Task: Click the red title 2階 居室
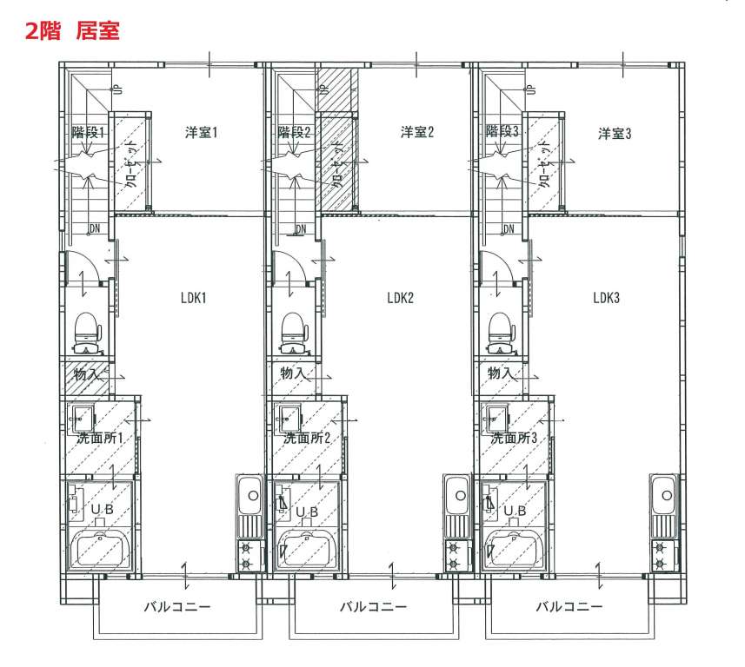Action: pos(72,31)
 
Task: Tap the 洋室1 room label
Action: pos(201,132)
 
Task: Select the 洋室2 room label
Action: pos(416,131)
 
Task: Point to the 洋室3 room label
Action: pos(615,134)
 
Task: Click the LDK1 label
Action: pos(193,298)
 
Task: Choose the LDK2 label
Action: pos(400,298)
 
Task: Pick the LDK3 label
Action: pos(606,298)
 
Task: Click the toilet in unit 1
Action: pos(88,333)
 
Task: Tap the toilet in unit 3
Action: pos(502,333)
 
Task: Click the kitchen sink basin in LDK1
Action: pos(249,495)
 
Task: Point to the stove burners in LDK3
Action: pos(661,556)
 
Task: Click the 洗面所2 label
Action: pos(307,438)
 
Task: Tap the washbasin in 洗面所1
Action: pos(83,419)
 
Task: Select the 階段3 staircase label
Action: pos(502,131)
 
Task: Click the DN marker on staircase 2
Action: pos(302,229)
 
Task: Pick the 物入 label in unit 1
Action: pos(87,374)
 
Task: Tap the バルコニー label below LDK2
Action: pos(374,606)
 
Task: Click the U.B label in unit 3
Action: pos(515,511)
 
